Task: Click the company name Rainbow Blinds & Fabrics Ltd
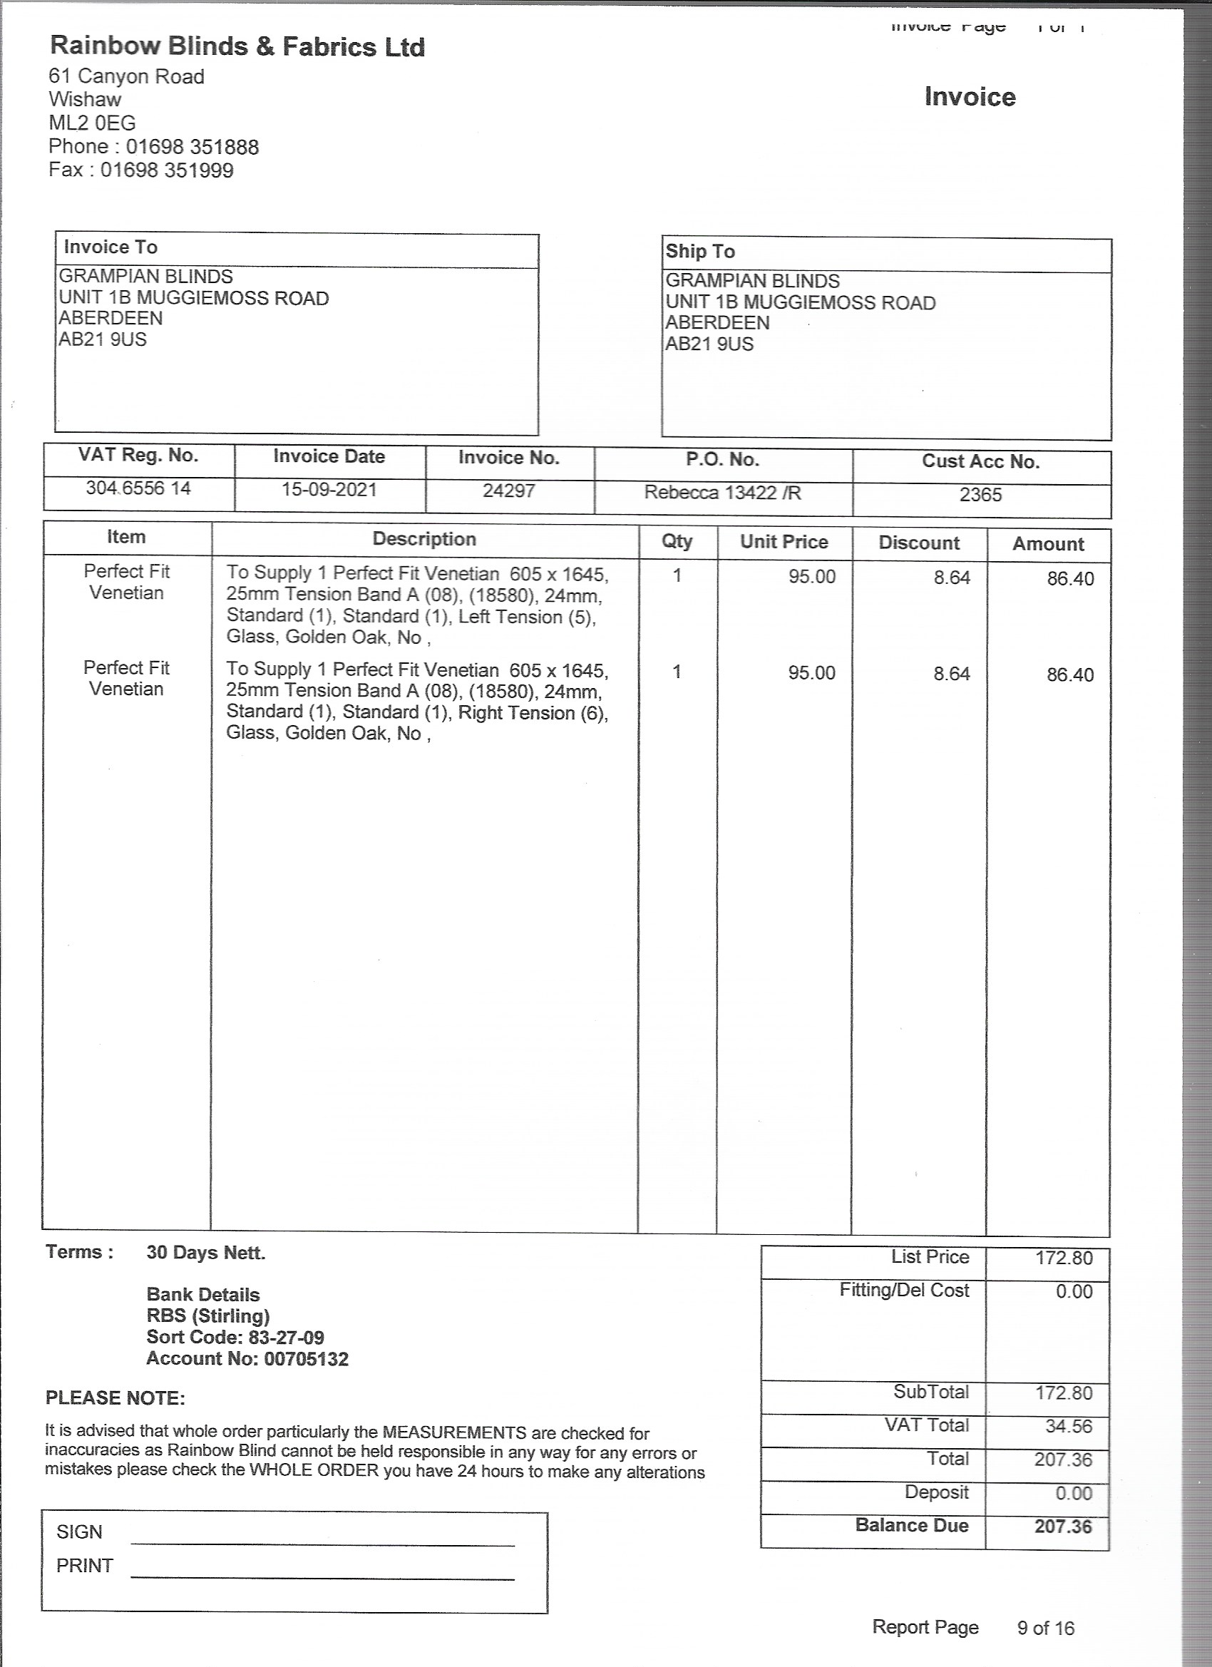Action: click(x=237, y=46)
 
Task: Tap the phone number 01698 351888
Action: click(x=192, y=147)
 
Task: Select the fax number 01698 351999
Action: click(x=167, y=170)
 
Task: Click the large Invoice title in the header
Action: click(x=970, y=97)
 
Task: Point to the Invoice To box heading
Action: click(x=111, y=247)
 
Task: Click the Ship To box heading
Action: click(x=699, y=252)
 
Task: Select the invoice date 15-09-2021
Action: click(x=329, y=490)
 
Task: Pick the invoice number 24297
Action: click(x=508, y=491)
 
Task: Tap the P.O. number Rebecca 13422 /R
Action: click(x=722, y=493)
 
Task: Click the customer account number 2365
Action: click(x=980, y=495)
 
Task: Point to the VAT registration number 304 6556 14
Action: click(x=138, y=488)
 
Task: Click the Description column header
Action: click(x=424, y=539)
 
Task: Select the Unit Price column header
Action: click(x=784, y=542)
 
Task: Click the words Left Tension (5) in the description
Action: click(x=526, y=617)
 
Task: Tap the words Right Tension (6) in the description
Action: click(x=533, y=713)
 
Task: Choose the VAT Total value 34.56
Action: click(x=1069, y=1427)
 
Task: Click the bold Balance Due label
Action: click(x=911, y=1526)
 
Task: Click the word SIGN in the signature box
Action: click(x=79, y=1532)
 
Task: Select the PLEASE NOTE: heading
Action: click(x=115, y=1398)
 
